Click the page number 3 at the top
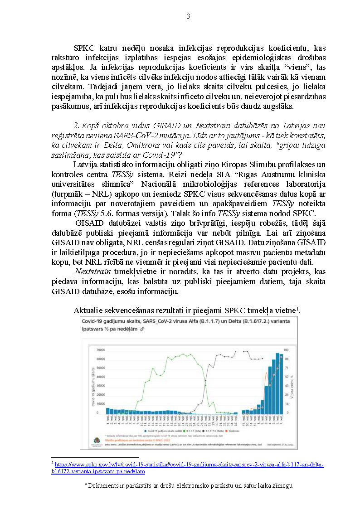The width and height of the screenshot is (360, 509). click(188, 17)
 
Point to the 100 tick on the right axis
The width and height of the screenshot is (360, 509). click(286, 350)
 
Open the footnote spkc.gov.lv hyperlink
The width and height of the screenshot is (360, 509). click(190, 465)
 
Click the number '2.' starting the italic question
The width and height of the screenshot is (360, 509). click(76, 125)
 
